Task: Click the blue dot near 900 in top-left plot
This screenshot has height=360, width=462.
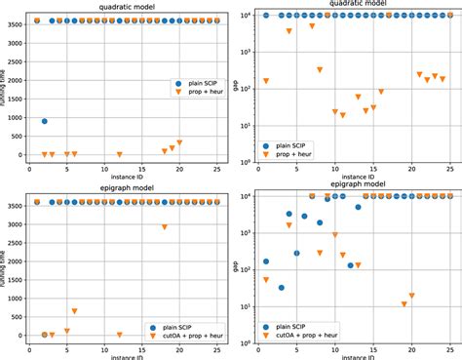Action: [x=45, y=121]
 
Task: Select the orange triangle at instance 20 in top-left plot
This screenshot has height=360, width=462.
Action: [x=179, y=143]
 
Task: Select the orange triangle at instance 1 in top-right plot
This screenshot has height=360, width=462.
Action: [x=266, y=81]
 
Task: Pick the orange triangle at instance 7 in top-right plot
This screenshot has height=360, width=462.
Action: [x=312, y=26]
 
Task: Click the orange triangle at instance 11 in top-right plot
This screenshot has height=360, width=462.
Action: [x=342, y=115]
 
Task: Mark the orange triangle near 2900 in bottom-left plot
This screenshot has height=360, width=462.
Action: [x=165, y=226]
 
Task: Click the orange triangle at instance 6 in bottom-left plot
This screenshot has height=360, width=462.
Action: [x=74, y=311]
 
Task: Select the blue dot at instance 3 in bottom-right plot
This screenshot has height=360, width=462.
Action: [x=282, y=288]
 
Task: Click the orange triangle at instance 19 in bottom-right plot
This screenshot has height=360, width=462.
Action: [x=404, y=304]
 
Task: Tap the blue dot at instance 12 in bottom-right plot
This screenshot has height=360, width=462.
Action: [x=350, y=265]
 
